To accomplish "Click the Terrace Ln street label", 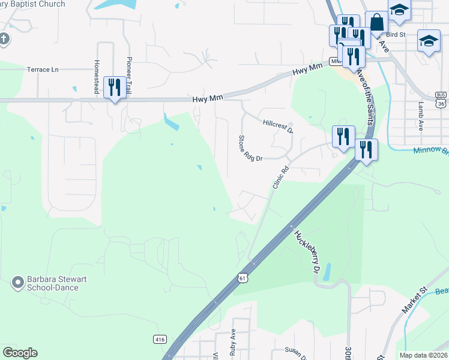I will tap(43, 70).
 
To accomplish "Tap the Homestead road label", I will tap(97, 71).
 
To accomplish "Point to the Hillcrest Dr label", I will tap(278, 126).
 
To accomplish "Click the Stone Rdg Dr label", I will tap(251, 149).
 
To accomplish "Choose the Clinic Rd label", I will tap(280, 178).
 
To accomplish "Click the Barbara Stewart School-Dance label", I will tap(53, 283).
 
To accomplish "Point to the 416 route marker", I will tap(159, 338).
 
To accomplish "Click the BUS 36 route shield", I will tap(441, 100).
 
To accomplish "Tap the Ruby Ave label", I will tap(233, 343).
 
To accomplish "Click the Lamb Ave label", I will tap(421, 116).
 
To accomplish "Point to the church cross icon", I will tap(4, 40).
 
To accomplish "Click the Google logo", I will tap(20, 353).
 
